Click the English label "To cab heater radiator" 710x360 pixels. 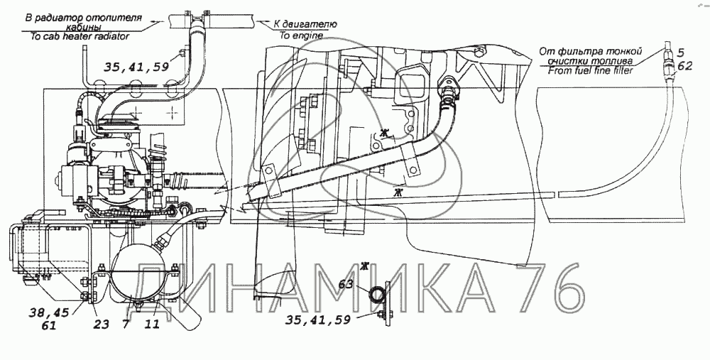pyautogui.click(x=80, y=37)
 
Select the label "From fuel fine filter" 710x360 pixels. pyautogui.click(x=591, y=70)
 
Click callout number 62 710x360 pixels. pyautogui.click(x=685, y=66)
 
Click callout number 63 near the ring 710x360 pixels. pyautogui.click(x=346, y=285)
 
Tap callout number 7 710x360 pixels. pyautogui.click(x=126, y=324)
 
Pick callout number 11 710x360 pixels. pyautogui.click(x=153, y=324)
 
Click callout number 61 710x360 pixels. pyautogui.click(x=48, y=324)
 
